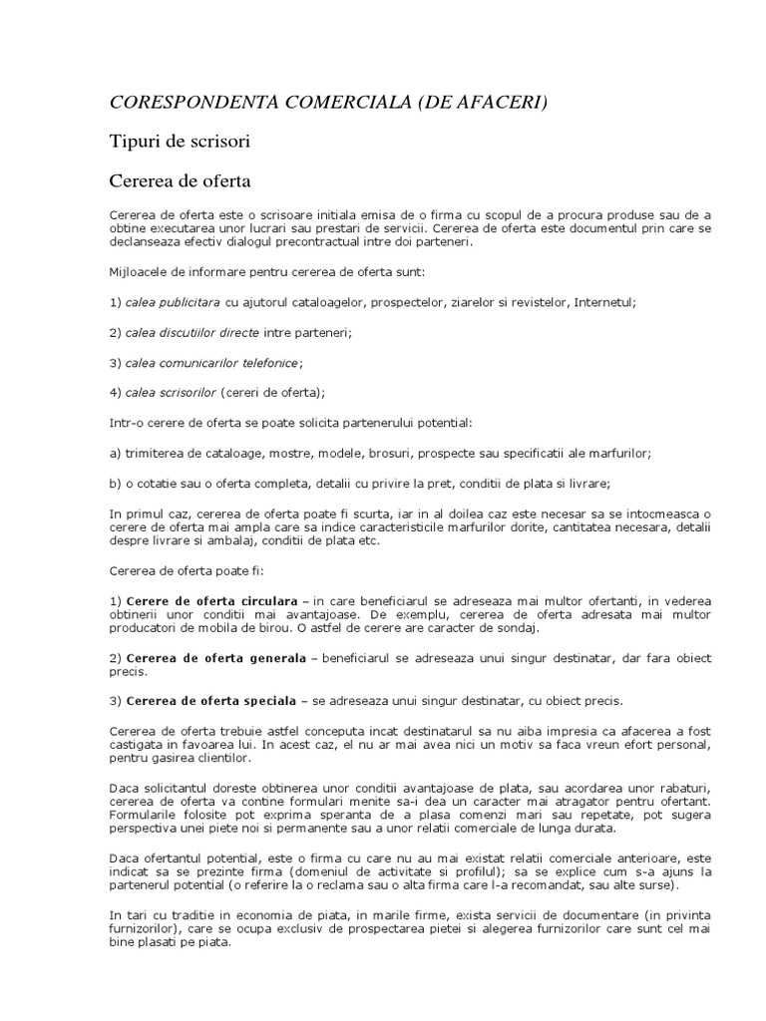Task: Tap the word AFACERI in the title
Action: click(488, 102)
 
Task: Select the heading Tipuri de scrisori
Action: click(179, 142)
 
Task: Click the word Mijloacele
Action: click(140, 270)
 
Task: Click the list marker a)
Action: click(116, 453)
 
